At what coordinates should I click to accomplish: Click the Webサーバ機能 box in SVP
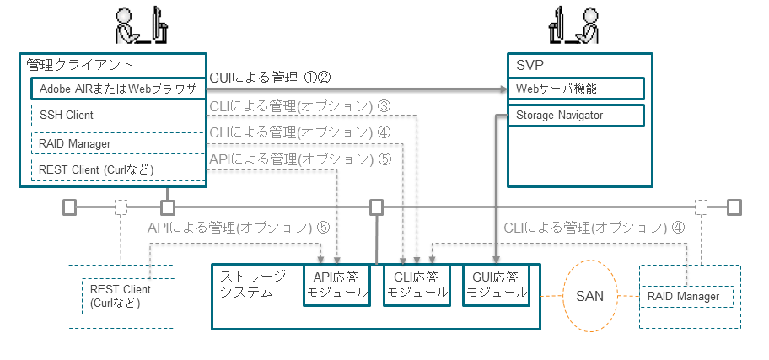click(576, 89)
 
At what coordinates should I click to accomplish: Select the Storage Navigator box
click(576, 115)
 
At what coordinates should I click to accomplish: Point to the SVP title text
click(526, 65)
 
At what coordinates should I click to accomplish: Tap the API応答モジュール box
click(336, 285)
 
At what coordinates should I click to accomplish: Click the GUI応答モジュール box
click(497, 285)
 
